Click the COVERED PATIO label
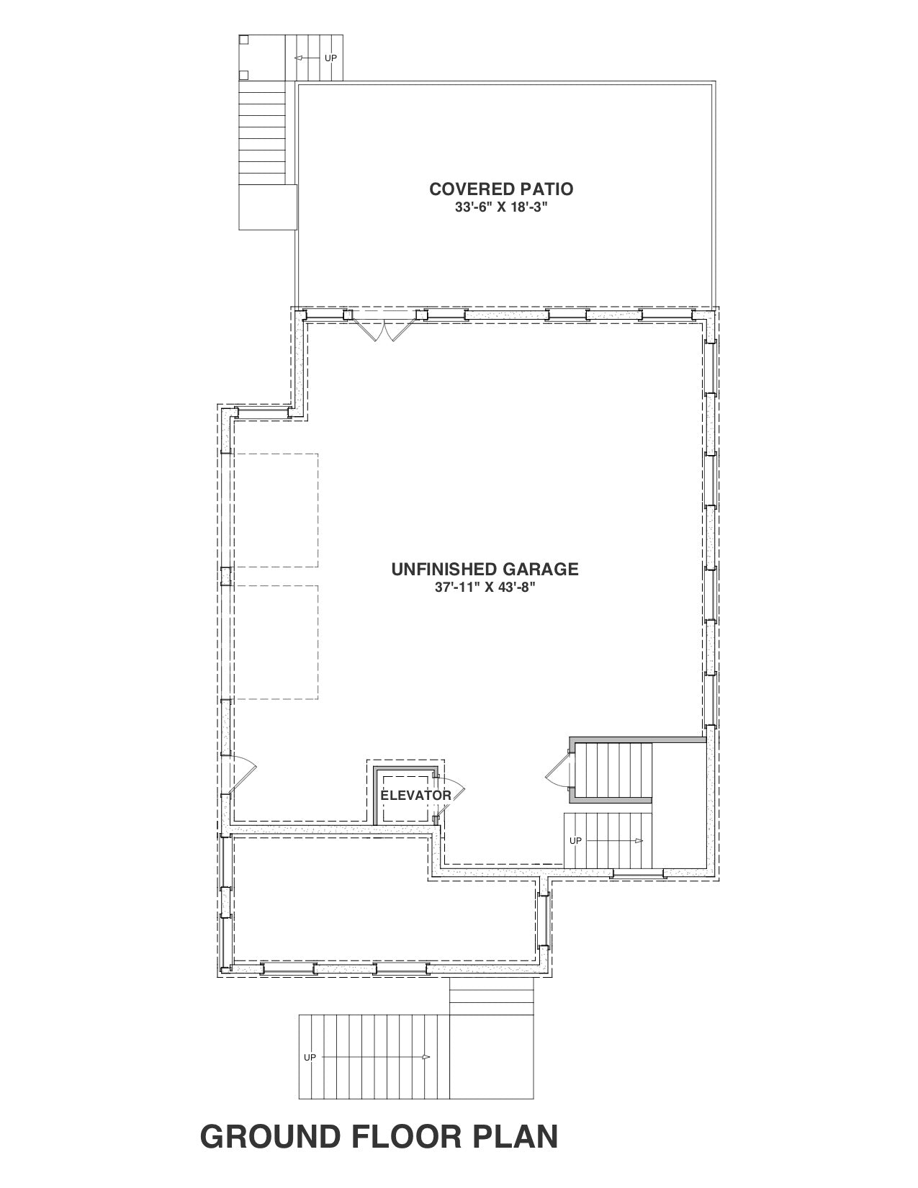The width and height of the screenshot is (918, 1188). point(501,189)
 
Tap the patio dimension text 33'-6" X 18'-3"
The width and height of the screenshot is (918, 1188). point(501,208)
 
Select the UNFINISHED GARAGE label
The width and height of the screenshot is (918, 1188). point(485,569)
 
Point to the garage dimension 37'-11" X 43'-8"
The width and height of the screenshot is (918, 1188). point(485,588)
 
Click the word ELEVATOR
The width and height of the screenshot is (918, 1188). point(416,796)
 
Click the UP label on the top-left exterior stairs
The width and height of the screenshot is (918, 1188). point(330,58)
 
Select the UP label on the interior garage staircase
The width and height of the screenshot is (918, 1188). point(575,841)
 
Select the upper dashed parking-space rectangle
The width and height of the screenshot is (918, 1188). point(276,510)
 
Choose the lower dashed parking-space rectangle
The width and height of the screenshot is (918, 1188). point(276,642)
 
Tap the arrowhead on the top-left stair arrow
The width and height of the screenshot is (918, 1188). point(299,58)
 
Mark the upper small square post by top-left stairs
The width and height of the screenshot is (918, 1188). point(244,40)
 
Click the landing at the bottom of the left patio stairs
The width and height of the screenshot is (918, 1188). point(268,207)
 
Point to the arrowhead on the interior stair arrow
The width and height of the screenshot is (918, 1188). point(639,841)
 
